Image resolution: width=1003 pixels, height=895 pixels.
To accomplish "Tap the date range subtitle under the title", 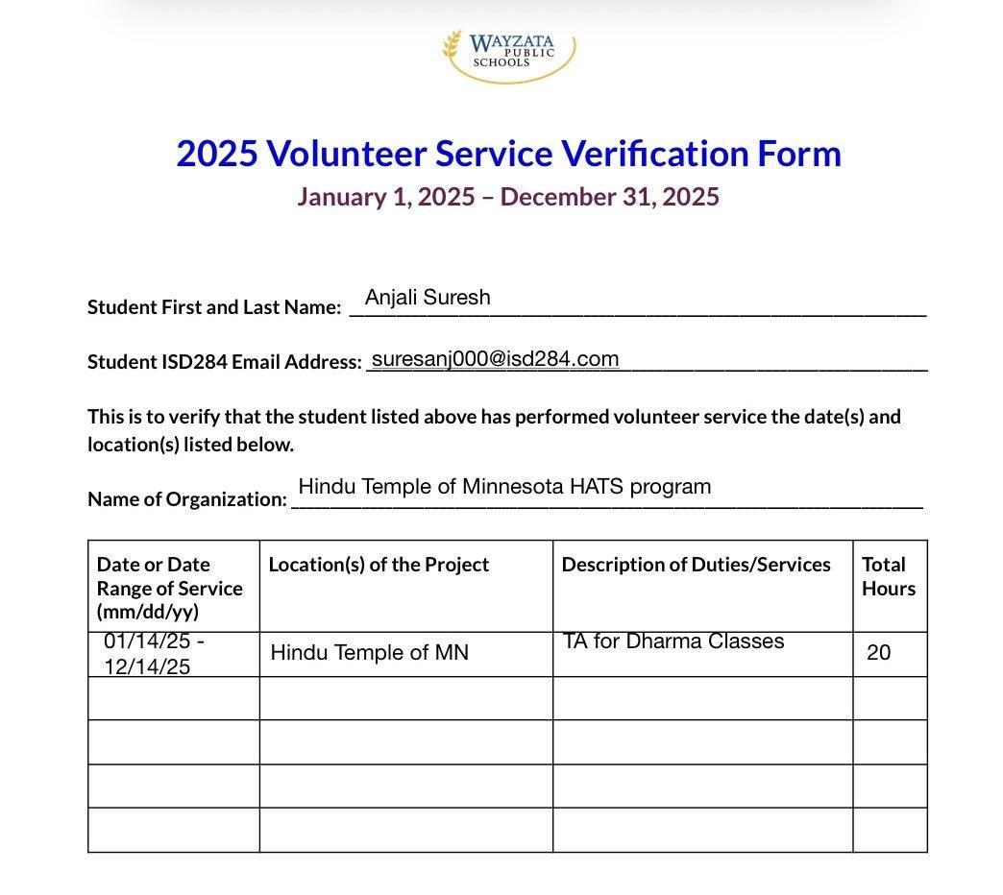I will (x=508, y=197).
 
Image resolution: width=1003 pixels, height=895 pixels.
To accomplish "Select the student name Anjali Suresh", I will (x=428, y=298).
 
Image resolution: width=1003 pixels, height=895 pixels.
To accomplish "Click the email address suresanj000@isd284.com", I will (x=495, y=359).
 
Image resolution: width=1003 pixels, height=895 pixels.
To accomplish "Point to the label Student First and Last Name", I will (x=214, y=307).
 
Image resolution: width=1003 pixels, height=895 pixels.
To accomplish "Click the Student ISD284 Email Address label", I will (x=224, y=362).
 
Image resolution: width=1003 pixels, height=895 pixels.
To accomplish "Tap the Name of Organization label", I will (x=187, y=499).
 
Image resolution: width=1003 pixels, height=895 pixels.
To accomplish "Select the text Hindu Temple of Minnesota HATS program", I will (x=504, y=487).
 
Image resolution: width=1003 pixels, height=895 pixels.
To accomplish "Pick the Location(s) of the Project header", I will (x=379, y=565).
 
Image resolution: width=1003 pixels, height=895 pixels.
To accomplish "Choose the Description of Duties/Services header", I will (x=696, y=565).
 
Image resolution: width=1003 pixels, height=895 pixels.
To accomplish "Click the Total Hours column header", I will (x=889, y=576).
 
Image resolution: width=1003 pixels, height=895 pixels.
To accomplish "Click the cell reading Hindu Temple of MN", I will (x=370, y=653).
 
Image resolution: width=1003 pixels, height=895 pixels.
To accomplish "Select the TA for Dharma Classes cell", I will (x=673, y=641).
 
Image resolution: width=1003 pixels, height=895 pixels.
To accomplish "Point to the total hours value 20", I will (x=878, y=653).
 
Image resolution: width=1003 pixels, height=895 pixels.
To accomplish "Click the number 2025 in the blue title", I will (x=216, y=154).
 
